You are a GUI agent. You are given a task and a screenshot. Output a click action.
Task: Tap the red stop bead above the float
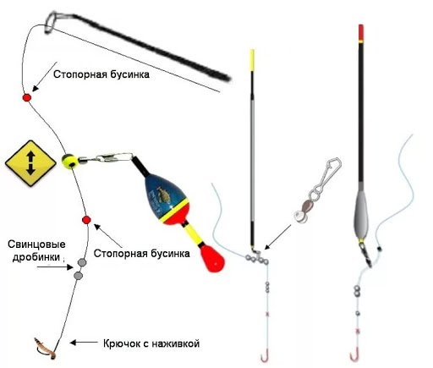(x=26, y=98)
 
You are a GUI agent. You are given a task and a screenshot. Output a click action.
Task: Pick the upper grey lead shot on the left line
(x=82, y=262)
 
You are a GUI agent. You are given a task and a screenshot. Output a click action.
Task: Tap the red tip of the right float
(x=362, y=33)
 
